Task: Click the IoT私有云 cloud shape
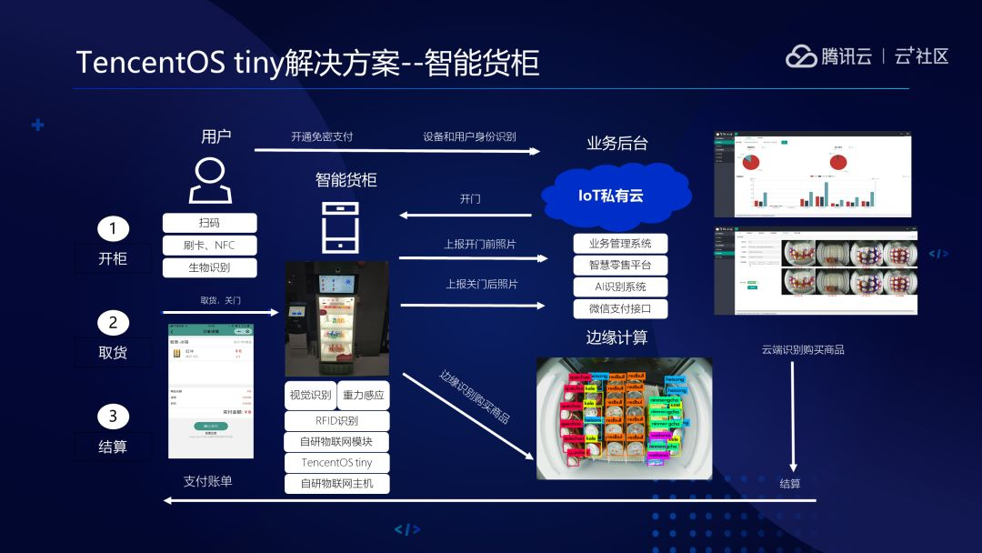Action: click(x=610, y=195)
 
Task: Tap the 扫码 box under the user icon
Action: click(x=209, y=223)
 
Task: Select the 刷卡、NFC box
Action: click(x=209, y=246)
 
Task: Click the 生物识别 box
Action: click(x=209, y=268)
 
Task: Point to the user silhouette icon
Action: click(x=210, y=180)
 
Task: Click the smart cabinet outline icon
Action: click(x=340, y=226)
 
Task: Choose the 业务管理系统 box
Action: click(x=620, y=244)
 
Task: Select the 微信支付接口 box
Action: click(x=620, y=309)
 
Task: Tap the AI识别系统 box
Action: click(x=620, y=287)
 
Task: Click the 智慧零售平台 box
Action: click(x=620, y=266)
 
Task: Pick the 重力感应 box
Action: click(x=363, y=396)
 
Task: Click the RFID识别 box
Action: click(x=336, y=421)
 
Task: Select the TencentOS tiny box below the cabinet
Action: click(x=336, y=463)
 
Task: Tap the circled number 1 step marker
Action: click(x=113, y=228)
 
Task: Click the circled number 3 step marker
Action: click(x=113, y=417)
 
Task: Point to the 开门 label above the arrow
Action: click(x=470, y=199)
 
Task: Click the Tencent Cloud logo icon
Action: click(x=801, y=56)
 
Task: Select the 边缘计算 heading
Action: click(x=616, y=338)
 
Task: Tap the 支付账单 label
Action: click(x=208, y=481)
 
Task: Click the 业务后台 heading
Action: click(x=617, y=143)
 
